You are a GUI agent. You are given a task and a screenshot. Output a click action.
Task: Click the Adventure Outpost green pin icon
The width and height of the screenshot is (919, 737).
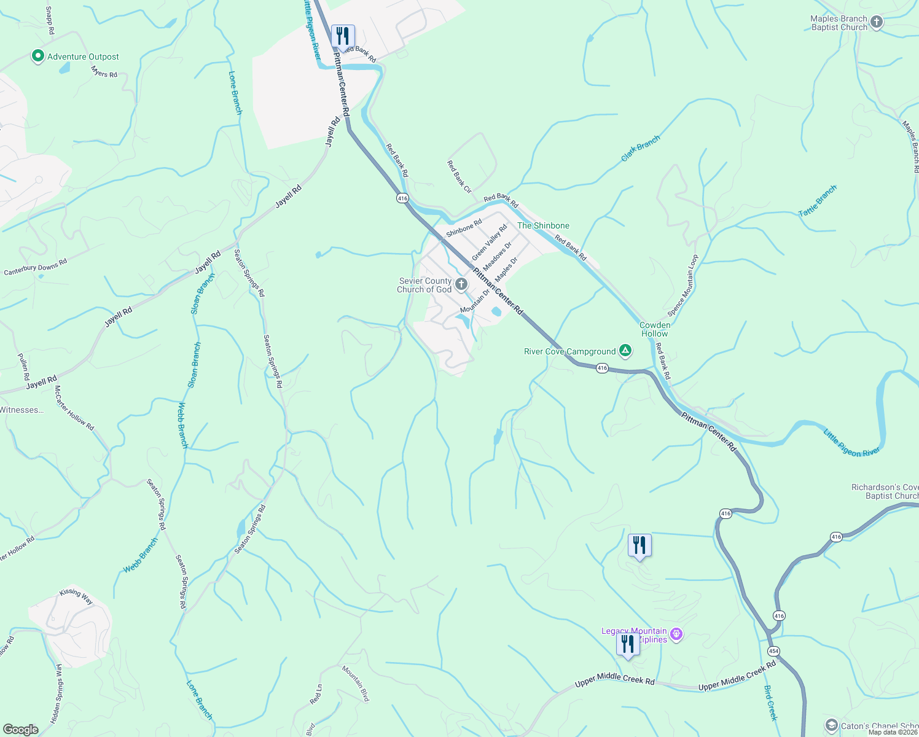37,57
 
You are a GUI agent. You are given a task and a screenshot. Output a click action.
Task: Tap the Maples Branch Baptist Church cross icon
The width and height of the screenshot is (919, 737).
877,23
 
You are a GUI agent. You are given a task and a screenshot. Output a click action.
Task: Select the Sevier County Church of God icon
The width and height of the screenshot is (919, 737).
461,284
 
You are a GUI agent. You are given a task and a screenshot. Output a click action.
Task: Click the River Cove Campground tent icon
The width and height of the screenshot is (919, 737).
625,351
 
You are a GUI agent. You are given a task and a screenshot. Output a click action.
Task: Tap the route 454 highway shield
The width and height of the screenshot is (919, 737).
773,651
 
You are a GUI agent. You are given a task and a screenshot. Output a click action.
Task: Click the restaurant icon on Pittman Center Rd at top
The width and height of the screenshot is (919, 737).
342,36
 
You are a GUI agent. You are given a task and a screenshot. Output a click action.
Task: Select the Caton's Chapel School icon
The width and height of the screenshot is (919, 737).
831,725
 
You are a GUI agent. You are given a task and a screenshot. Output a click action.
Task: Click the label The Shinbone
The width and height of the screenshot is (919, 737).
543,225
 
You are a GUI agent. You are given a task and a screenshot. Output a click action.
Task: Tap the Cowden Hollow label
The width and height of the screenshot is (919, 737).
655,329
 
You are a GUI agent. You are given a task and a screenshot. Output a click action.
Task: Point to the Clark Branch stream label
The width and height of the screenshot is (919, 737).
640,148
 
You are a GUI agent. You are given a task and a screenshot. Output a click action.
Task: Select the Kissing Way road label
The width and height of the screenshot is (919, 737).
76,595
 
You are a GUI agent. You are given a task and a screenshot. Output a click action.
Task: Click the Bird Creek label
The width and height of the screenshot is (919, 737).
771,703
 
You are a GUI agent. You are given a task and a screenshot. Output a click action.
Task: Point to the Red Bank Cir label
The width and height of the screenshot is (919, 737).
459,177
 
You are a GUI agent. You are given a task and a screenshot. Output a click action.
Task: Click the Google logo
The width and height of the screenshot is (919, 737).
20,729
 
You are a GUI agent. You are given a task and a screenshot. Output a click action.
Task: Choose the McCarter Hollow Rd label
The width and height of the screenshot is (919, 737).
74,408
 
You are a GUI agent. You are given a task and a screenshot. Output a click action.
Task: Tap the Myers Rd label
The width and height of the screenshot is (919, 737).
104,73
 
